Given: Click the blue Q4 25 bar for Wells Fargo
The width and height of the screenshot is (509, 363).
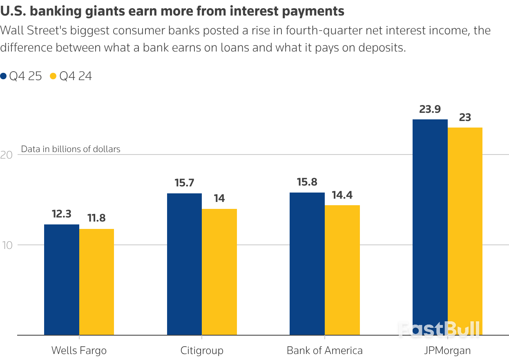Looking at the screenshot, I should point(62,280).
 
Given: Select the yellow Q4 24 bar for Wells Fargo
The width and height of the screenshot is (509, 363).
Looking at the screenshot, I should point(96,282).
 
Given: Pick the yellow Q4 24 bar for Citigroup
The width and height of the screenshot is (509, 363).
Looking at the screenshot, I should point(219,272).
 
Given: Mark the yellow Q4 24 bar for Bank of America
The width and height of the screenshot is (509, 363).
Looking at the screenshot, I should point(342,270).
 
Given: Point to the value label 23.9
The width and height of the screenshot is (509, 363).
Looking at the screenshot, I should point(430,110).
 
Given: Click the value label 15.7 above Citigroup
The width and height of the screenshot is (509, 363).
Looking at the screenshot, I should point(184,183).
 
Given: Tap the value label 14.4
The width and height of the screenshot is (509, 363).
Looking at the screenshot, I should point(342,195).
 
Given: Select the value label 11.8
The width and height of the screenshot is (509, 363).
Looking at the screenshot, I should point(96,218).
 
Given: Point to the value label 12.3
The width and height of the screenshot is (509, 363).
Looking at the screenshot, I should point(62,214).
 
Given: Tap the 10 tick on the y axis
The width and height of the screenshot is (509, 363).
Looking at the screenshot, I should point(9,245).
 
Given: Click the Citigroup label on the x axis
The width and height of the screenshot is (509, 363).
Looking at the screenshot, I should point(202,351).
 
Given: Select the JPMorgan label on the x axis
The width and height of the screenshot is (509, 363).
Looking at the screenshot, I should point(447,351).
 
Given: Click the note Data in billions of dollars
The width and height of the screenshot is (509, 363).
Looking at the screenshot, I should point(71,149).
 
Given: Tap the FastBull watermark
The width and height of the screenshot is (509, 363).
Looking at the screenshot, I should point(439,329).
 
